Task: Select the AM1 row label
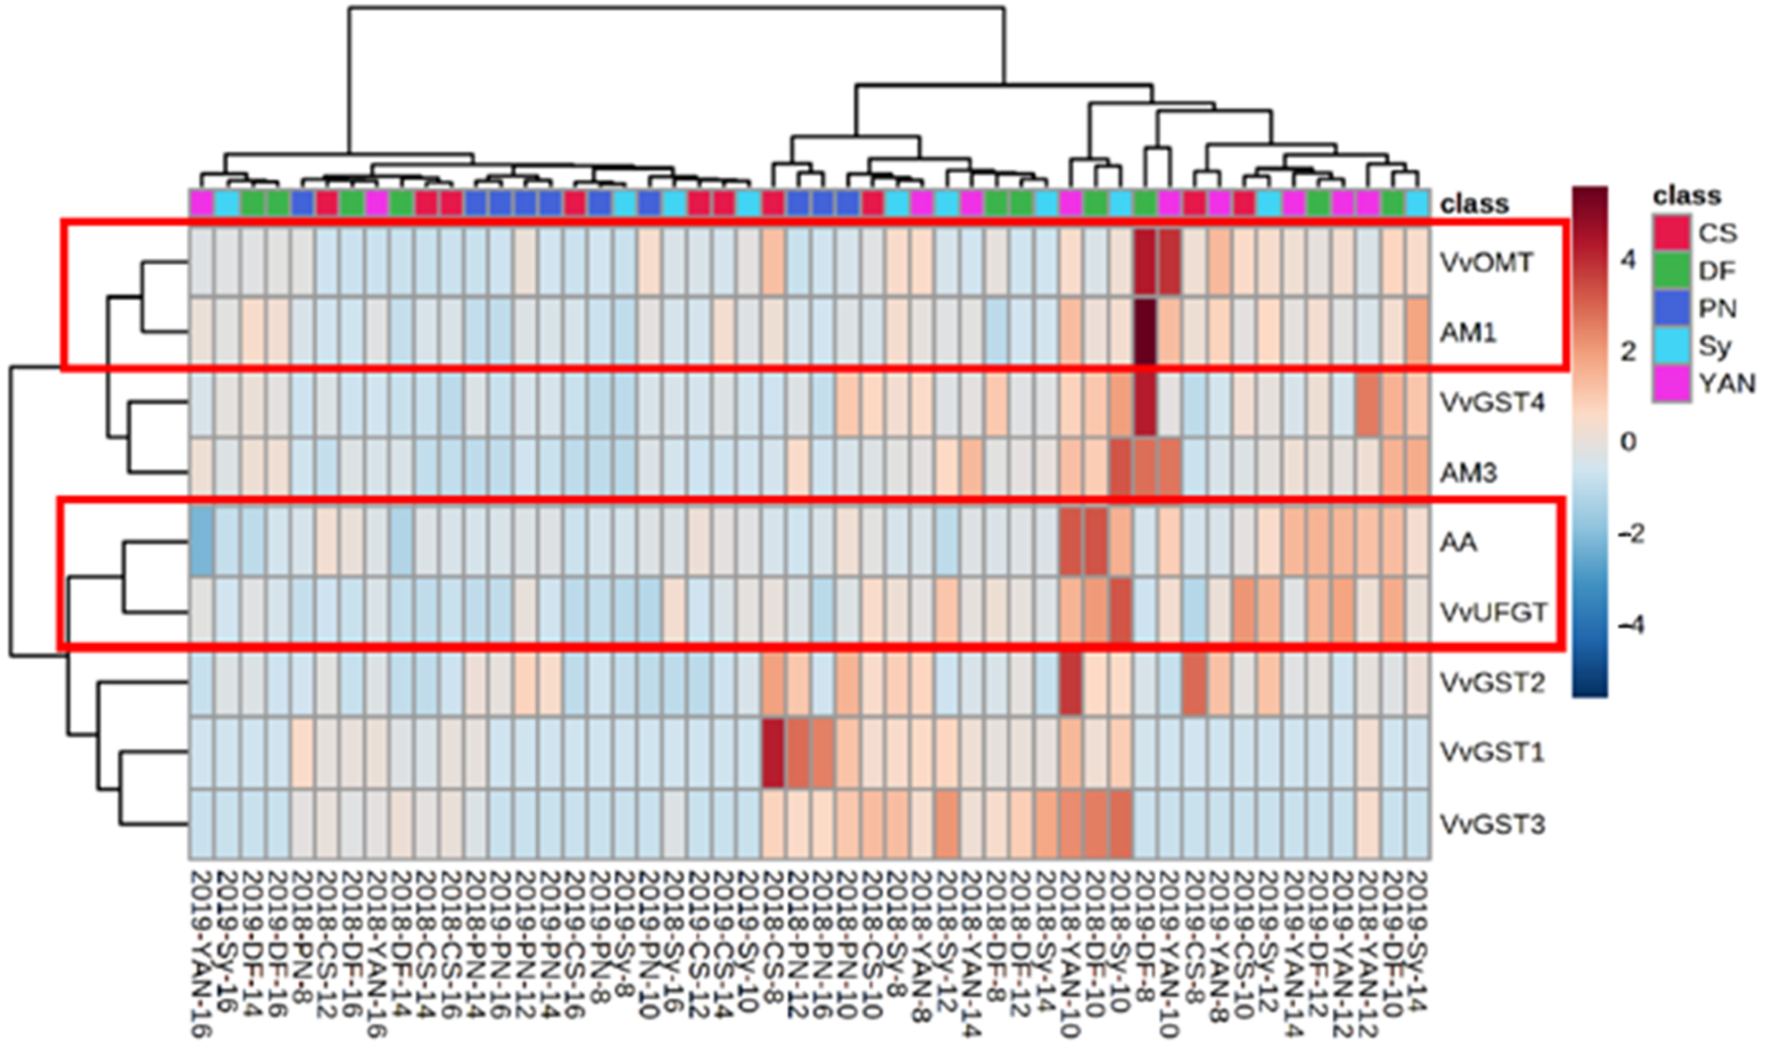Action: coord(1468,332)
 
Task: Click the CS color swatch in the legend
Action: coord(1671,232)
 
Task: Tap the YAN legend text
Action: coord(1727,383)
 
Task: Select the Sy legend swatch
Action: coord(1671,346)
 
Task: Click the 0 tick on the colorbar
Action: coord(1628,442)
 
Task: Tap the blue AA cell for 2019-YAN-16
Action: coord(202,542)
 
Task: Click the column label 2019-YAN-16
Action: coord(202,954)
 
